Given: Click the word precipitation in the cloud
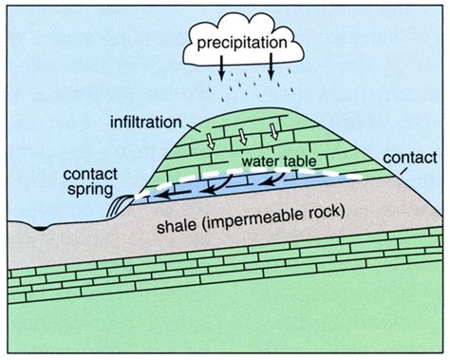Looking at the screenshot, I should click(240, 44).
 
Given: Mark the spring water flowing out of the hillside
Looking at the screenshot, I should click(119, 203).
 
